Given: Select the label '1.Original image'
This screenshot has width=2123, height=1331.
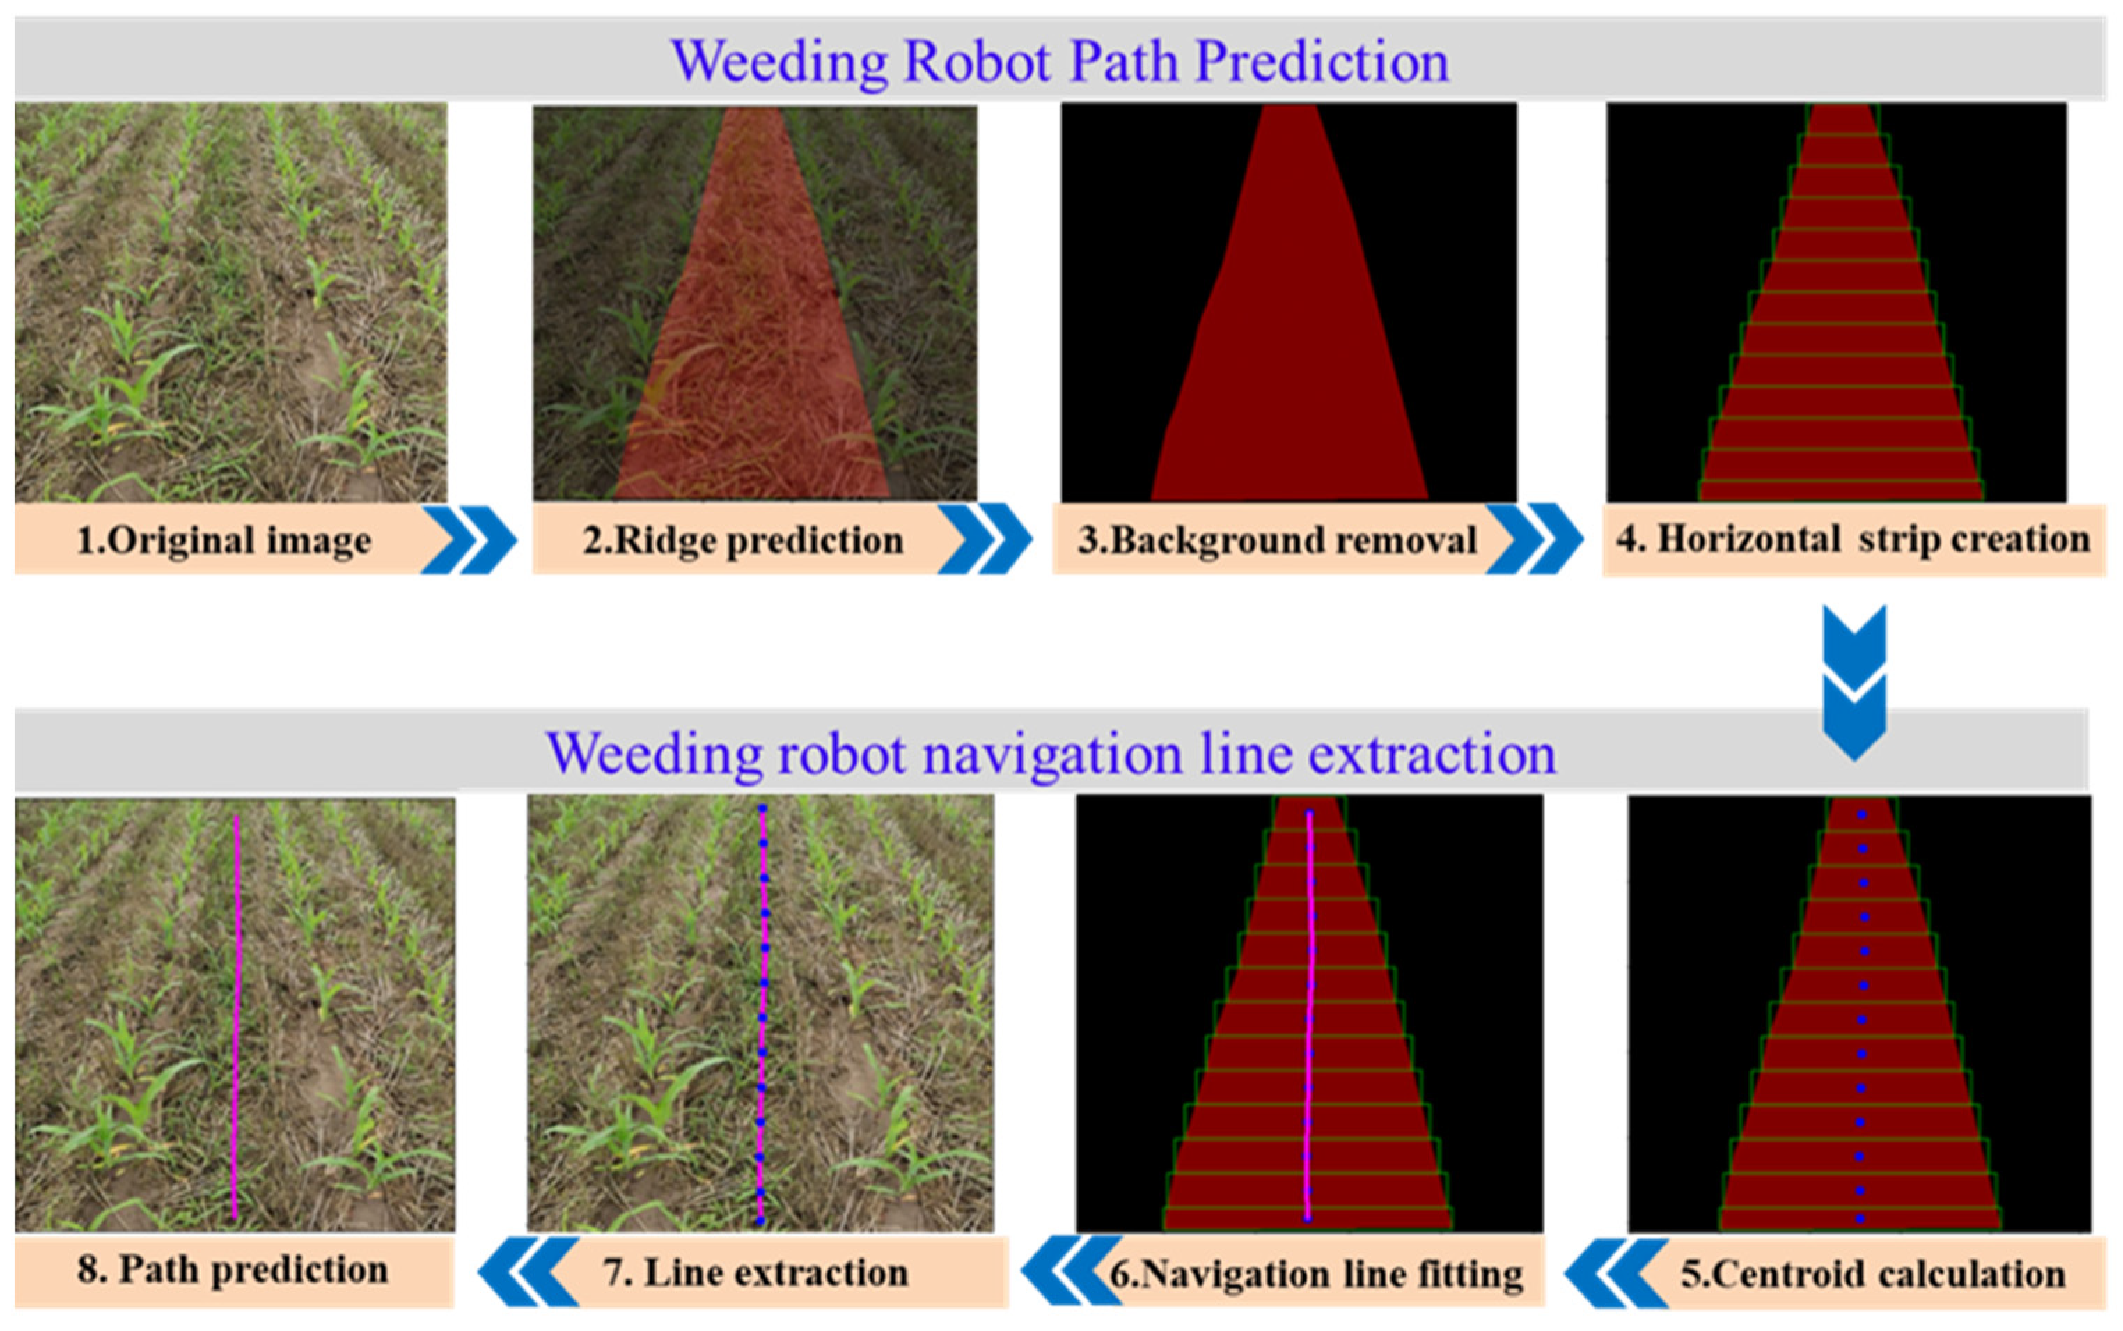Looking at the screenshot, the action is tap(224, 540).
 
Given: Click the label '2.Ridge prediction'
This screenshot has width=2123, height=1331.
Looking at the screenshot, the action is tap(742, 540).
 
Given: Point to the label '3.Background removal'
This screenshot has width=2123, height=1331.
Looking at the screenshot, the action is tap(1277, 540).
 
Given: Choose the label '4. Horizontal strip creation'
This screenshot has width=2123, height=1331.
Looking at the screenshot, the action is tap(1853, 540).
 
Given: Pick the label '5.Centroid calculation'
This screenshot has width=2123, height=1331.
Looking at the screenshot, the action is tap(1872, 1274).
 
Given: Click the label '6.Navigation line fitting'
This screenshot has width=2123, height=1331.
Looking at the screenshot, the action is tap(1315, 1274).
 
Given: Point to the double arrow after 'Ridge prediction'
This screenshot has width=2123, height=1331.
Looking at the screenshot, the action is tap(985, 540).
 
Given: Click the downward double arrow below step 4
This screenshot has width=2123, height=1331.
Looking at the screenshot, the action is tap(1854, 682).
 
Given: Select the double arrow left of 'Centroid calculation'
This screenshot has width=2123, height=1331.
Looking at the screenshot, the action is tap(1617, 1273).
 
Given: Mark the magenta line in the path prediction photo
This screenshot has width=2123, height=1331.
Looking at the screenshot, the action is tap(236, 1012).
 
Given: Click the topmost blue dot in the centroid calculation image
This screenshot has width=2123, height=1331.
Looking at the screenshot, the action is tap(1863, 815).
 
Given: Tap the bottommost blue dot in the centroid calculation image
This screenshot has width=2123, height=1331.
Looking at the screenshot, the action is tap(1860, 1218).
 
